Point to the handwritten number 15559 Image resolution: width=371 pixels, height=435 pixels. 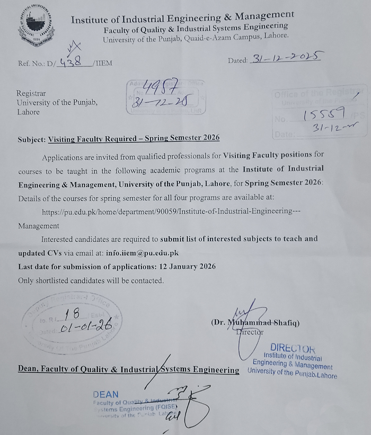[x=324, y=113]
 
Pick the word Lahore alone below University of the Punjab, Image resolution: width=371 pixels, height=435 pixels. [x=28, y=112]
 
